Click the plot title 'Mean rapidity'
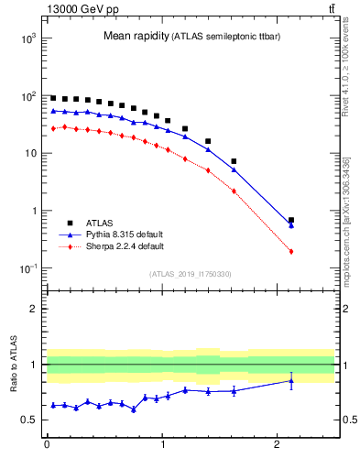pyautogui.click(x=136, y=37)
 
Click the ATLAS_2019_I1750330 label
pyautogui.click(x=190, y=274)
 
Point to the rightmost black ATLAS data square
pyautogui.click(x=291, y=220)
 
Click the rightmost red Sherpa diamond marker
pyautogui.click(x=291, y=251)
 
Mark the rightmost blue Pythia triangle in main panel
pyautogui.click(x=291, y=224)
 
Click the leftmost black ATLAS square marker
pyautogui.click(x=53, y=98)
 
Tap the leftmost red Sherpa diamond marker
pyautogui.click(x=53, y=129)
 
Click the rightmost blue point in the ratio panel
pyautogui.click(x=291, y=381)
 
